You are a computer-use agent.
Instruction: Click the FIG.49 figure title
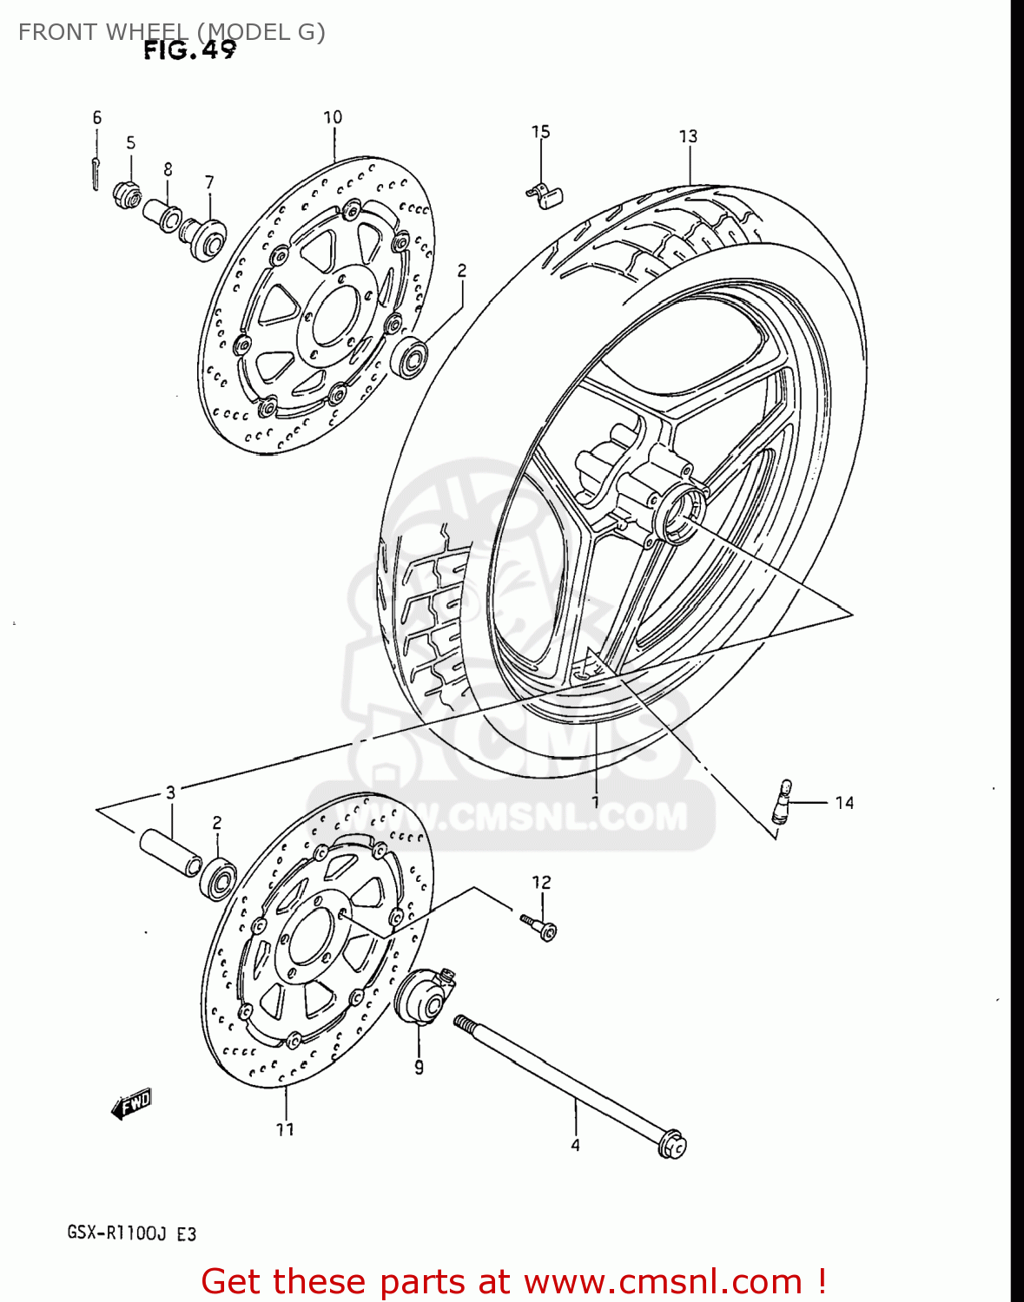tap(189, 50)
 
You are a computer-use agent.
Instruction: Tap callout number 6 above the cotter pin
tap(97, 118)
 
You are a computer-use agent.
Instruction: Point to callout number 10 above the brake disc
tap(333, 117)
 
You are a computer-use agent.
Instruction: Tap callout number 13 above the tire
tap(688, 136)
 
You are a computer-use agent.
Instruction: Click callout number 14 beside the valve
tap(844, 803)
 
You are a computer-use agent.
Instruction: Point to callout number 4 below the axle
tap(575, 1146)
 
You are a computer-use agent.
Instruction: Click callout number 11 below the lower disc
tap(285, 1129)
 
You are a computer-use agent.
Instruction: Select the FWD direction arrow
tap(132, 1104)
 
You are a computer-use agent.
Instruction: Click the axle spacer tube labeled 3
tap(170, 852)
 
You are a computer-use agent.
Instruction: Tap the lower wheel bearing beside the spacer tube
tap(218, 878)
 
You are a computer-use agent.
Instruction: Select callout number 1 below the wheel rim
tap(595, 801)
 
